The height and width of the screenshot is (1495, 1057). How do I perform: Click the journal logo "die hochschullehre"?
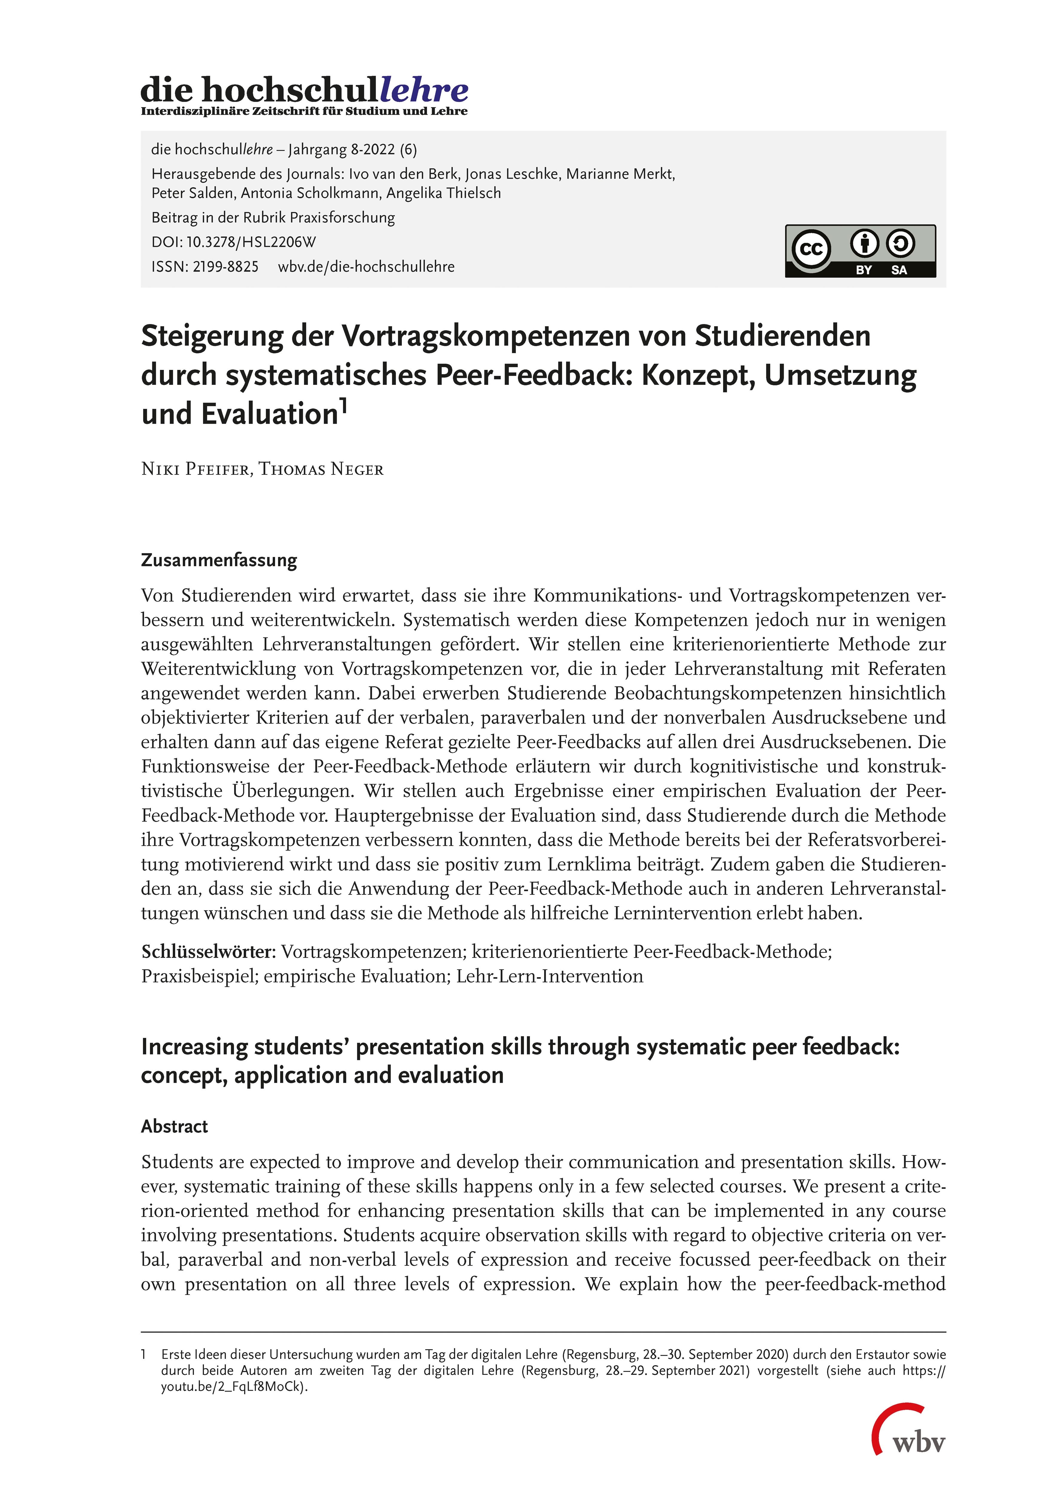[x=304, y=90]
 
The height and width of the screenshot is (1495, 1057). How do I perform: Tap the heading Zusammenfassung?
[x=219, y=560]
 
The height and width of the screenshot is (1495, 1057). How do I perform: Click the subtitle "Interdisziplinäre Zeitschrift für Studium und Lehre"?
[x=304, y=111]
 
